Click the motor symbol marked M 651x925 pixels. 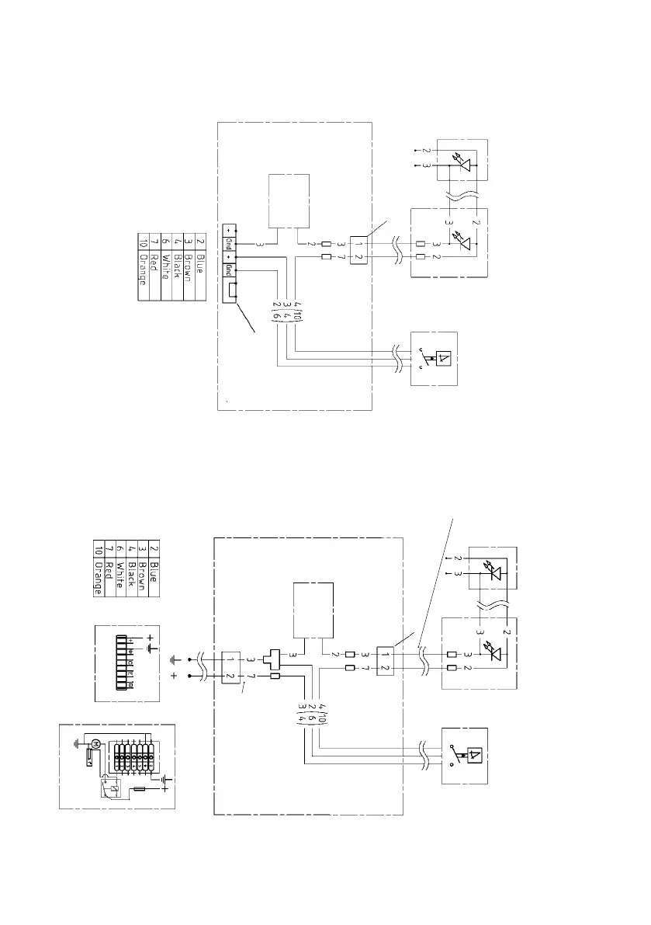95,745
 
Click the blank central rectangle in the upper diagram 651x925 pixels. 289,201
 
